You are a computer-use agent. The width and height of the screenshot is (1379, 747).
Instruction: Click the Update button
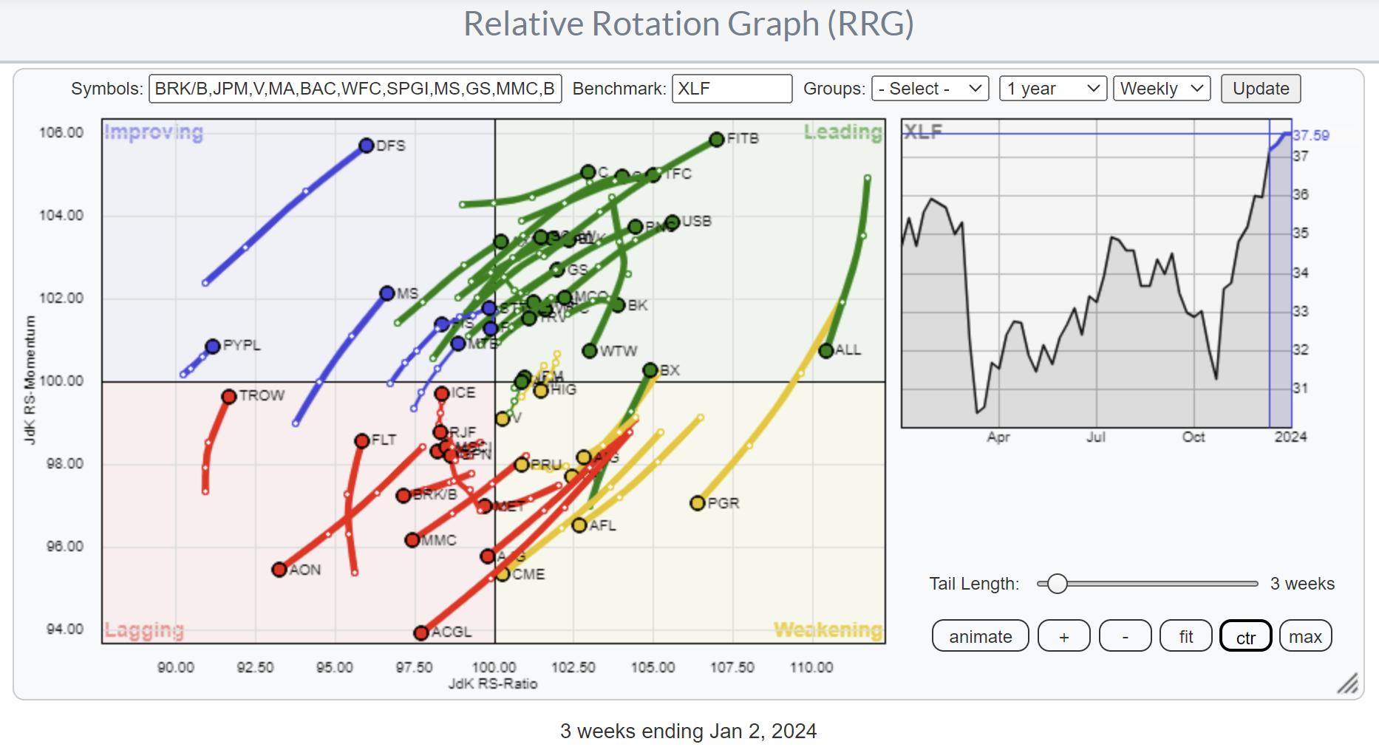point(1260,89)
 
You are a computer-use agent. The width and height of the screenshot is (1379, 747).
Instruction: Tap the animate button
point(980,636)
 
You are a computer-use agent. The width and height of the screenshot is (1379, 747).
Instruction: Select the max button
point(1305,636)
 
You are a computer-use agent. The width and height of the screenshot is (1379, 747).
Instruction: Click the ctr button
point(1245,636)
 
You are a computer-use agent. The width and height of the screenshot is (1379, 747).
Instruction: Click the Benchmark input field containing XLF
point(731,89)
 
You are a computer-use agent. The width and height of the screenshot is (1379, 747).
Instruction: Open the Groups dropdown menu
point(930,89)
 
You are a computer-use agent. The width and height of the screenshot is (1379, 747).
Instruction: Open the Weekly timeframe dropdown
point(1162,89)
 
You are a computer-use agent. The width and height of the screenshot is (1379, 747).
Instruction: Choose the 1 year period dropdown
point(1052,89)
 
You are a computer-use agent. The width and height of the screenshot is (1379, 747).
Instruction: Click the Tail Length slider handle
point(1058,584)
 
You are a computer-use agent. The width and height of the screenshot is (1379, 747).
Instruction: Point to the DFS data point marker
point(367,146)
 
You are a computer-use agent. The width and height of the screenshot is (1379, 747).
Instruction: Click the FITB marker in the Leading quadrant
point(716,139)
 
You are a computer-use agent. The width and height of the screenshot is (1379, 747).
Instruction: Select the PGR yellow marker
point(697,503)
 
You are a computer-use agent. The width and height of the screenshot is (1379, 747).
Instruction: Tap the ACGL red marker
point(421,632)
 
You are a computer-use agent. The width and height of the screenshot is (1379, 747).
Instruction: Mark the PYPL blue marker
point(213,346)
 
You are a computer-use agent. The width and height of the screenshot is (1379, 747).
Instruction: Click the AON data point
point(279,570)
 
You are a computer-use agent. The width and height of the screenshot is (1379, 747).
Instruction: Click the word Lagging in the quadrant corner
point(144,630)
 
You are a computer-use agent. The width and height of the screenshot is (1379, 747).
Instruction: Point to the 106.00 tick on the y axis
point(61,133)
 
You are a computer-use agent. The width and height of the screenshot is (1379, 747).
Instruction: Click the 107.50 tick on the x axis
point(732,667)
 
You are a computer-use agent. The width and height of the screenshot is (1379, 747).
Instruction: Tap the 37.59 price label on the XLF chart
point(1311,136)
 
